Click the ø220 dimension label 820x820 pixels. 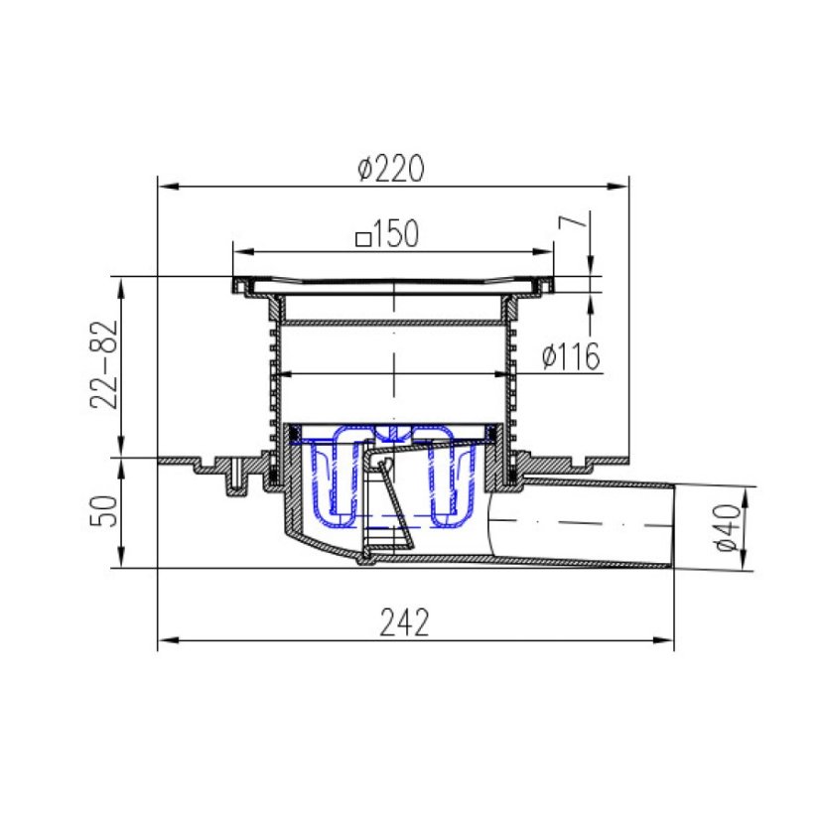click(391, 169)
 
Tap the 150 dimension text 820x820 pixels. click(396, 233)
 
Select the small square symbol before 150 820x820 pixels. click(363, 239)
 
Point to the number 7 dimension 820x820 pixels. click(572, 222)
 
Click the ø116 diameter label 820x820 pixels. click(571, 356)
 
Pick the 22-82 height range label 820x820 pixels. click(103, 364)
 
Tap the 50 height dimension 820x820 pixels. click(103, 511)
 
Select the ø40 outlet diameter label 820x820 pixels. click(728, 527)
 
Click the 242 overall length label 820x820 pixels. click(404, 621)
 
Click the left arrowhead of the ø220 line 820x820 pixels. click(169, 187)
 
